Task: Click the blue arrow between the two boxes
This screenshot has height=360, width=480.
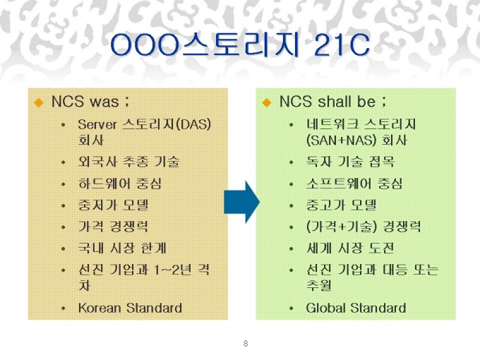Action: (x=242, y=202)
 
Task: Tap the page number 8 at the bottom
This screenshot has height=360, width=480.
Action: (x=246, y=344)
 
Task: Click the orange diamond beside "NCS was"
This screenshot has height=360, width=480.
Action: (x=39, y=102)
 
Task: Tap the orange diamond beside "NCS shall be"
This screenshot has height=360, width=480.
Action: (x=267, y=102)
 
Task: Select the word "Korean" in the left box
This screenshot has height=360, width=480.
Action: (x=100, y=308)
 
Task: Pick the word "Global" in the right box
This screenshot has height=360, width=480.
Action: (x=326, y=308)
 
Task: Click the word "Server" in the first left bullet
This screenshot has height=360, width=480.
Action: (x=97, y=125)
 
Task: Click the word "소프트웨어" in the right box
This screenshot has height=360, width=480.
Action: (x=339, y=184)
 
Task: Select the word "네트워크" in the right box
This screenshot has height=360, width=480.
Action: (x=332, y=125)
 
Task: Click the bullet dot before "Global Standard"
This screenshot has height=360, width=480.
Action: (x=291, y=308)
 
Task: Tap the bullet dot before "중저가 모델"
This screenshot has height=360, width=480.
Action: (x=63, y=205)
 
